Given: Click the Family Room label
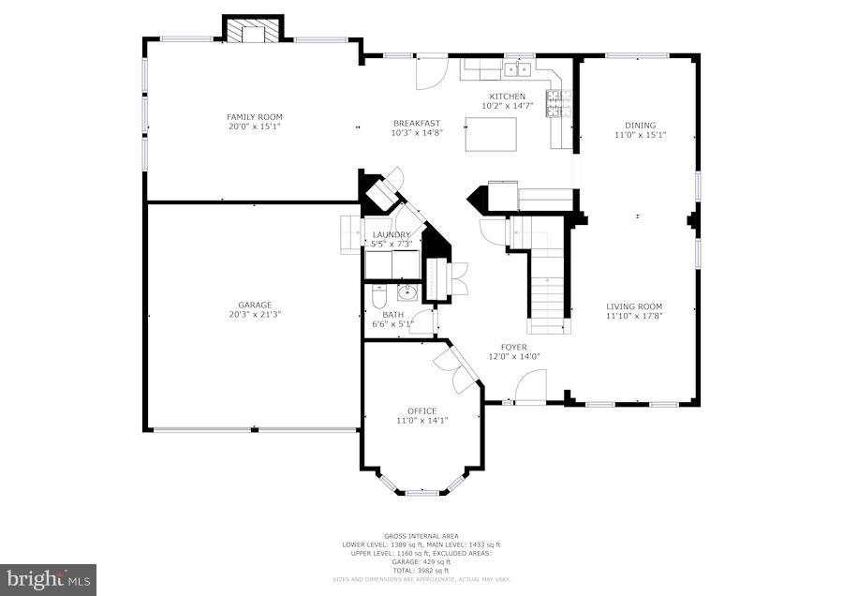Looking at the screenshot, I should [x=254, y=116].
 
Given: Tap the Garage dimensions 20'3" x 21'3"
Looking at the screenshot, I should [x=254, y=314].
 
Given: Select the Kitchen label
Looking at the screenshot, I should [x=507, y=97].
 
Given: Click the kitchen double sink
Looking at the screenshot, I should [x=516, y=68].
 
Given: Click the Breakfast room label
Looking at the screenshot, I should [x=416, y=124].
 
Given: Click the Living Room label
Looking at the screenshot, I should [x=634, y=306].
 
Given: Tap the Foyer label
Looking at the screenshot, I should [x=513, y=347].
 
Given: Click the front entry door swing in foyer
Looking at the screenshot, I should [x=531, y=384].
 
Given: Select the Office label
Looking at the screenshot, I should [x=421, y=410].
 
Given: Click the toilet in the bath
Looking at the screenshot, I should [x=376, y=298].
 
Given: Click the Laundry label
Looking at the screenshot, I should [x=392, y=234].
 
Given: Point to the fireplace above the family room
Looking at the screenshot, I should [x=251, y=30].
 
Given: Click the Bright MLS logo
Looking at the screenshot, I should [x=49, y=578].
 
